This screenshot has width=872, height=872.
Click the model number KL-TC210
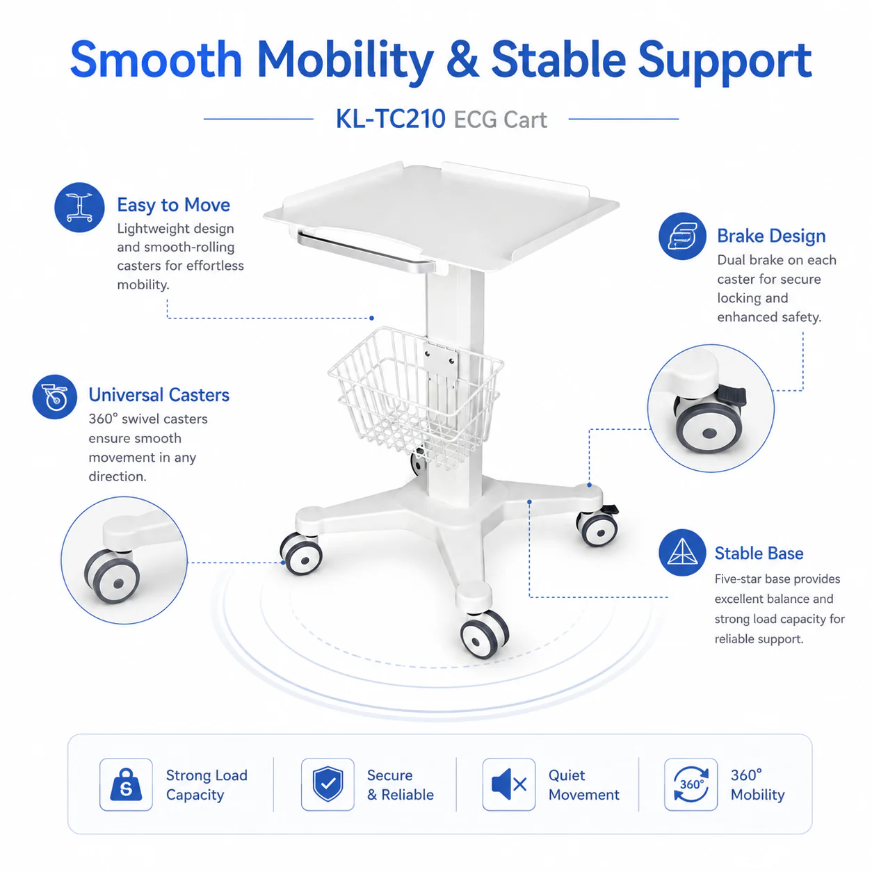tap(390, 120)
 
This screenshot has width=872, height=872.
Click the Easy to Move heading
tap(173, 205)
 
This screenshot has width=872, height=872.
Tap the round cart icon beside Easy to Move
tap(80, 207)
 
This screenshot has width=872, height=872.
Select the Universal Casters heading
tap(159, 395)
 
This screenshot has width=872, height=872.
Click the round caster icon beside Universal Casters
tap(55, 397)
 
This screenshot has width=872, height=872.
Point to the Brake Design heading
tap(771, 236)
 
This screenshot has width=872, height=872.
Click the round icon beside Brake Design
tap(682, 236)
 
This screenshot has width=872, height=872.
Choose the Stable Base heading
tap(759, 554)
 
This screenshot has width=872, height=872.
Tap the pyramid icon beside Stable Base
tap(682, 553)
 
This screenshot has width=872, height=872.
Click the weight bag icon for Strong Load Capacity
tap(126, 784)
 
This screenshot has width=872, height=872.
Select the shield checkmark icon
tap(328, 784)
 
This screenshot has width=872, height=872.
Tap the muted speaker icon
tap(508, 784)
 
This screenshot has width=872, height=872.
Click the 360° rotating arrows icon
tap(691, 784)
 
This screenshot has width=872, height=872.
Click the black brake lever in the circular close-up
tap(730, 396)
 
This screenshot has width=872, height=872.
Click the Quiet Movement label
tap(583, 785)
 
